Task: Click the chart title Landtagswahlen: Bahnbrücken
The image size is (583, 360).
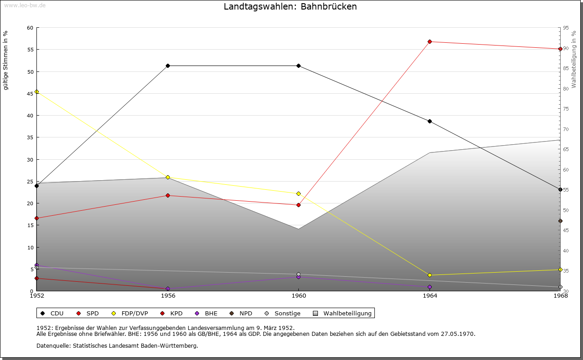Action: pyautogui.click(x=290, y=7)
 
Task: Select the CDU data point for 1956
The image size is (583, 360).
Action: pyautogui.click(x=168, y=66)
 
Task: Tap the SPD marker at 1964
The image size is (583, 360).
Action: pyautogui.click(x=430, y=42)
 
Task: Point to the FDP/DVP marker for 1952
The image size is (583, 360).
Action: pyautogui.click(x=37, y=91)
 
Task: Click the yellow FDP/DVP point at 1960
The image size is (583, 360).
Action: pyautogui.click(x=298, y=193)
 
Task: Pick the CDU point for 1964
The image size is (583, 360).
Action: pyautogui.click(x=430, y=121)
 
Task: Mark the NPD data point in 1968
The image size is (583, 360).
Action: pyautogui.click(x=560, y=221)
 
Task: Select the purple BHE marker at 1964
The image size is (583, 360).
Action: pyautogui.click(x=430, y=287)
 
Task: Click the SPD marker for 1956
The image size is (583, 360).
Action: pyautogui.click(x=168, y=196)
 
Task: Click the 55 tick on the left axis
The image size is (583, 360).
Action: pyautogui.click(x=31, y=50)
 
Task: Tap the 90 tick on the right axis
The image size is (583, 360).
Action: pyautogui.click(x=566, y=48)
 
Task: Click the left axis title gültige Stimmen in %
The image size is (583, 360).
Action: pyautogui.click(x=6, y=60)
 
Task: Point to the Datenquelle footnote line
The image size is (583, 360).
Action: pyautogui.click(x=117, y=346)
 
